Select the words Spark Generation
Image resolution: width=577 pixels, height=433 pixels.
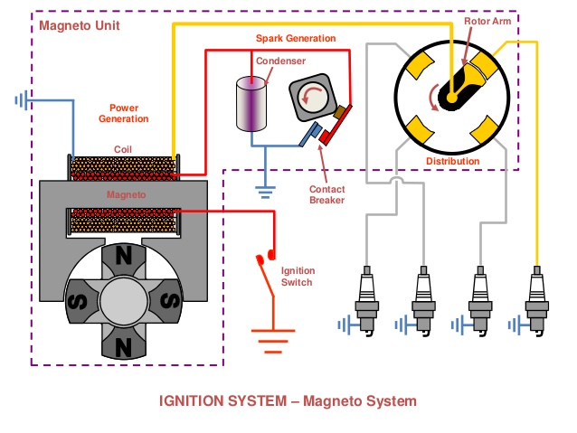[x=294, y=39]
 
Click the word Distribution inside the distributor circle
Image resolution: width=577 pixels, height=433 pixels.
[x=452, y=161]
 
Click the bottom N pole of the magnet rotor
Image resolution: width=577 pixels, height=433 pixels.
[x=122, y=342]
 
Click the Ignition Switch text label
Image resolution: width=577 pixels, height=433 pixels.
[x=297, y=277]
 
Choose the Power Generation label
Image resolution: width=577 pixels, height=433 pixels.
[x=124, y=113]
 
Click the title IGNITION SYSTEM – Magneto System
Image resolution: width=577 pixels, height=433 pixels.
[x=288, y=399]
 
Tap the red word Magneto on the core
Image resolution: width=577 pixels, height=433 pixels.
[x=125, y=193]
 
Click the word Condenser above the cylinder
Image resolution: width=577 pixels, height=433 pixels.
[x=280, y=61]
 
